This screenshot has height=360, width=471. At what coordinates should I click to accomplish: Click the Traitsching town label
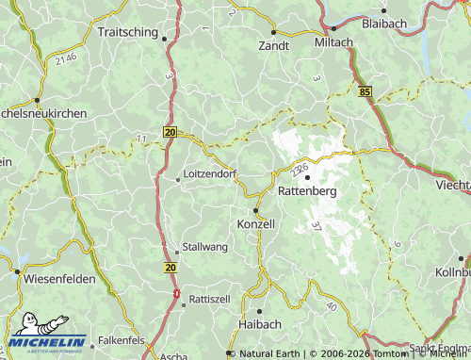coord(130,31)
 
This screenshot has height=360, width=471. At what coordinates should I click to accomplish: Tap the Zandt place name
coord(274,44)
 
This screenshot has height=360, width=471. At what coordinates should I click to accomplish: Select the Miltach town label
coord(333,42)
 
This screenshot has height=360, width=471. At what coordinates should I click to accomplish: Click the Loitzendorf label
coord(209,174)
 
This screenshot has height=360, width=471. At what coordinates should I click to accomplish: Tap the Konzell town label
coord(255,224)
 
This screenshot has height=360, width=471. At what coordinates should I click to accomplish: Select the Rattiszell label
coord(210,298)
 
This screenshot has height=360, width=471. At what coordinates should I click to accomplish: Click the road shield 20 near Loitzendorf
coord(170,133)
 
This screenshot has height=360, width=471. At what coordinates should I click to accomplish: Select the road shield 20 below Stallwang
coord(170,269)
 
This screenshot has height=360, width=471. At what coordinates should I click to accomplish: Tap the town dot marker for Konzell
coord(255,210)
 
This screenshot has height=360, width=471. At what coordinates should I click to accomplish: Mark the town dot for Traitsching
coord(165,39)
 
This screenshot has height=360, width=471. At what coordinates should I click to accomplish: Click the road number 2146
coord(65,59)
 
